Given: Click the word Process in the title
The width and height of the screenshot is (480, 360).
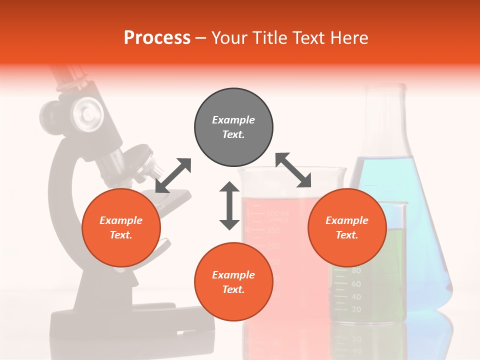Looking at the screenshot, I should click(157, 37).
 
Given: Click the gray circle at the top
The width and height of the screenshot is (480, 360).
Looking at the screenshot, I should click(233, 127).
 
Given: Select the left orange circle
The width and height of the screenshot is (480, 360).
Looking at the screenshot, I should click(121, 228).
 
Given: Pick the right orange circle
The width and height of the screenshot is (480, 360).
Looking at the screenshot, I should click(347, 228).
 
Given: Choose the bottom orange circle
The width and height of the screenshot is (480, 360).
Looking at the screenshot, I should click(233, 282).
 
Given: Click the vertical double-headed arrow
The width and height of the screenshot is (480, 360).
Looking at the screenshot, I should click(229, 205).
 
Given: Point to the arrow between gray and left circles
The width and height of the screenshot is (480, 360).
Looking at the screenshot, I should click(173, 175).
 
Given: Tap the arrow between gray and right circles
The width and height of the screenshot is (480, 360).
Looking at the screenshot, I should click(293, 170).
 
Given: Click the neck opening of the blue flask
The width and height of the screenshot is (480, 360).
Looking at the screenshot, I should click(384, 90).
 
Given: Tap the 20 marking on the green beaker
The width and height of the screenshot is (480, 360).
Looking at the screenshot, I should click(356, 309).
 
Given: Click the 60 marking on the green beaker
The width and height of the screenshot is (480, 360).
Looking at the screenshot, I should click(356, 283).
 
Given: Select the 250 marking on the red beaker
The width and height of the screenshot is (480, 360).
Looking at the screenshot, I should click(273, 230).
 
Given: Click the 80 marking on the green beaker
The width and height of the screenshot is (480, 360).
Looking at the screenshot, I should click(356, 270).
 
